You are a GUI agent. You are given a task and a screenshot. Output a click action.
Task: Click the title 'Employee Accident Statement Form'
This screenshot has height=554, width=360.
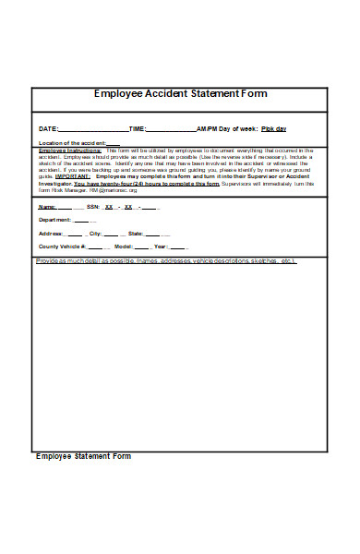(180, 94)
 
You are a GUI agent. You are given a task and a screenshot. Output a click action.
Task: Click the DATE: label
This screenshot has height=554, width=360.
(47, 129)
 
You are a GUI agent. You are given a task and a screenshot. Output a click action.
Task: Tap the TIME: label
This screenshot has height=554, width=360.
(138, 129)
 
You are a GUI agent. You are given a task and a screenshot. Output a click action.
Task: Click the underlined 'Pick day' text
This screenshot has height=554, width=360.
(274, 129)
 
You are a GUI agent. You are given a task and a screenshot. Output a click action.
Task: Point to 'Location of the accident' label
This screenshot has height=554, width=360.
(72, 143)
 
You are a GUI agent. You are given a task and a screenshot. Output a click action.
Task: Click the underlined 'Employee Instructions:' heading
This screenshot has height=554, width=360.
(63, 150)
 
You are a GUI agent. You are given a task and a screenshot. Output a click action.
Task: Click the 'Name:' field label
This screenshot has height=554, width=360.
(48, 207)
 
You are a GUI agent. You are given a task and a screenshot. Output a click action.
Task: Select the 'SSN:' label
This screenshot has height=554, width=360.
(93, 207)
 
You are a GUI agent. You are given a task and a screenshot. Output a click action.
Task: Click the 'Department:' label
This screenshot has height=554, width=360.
(54, 221)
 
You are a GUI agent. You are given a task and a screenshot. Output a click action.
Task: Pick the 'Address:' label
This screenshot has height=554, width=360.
(50, 235)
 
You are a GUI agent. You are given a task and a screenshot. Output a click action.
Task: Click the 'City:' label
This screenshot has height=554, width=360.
(95, 235)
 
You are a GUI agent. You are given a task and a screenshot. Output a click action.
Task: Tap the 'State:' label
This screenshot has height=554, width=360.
(136, 235)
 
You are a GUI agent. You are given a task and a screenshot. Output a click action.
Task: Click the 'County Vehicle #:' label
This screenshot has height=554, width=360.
(62, 247)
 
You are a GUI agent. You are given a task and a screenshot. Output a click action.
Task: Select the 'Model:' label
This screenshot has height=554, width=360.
(123, 247)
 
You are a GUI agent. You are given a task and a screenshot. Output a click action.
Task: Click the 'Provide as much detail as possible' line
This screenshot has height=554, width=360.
(166, 261)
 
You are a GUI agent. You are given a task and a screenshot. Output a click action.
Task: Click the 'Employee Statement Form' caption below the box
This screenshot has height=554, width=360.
(83, 456)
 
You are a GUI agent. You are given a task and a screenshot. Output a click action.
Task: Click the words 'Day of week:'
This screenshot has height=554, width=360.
(237, 129)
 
